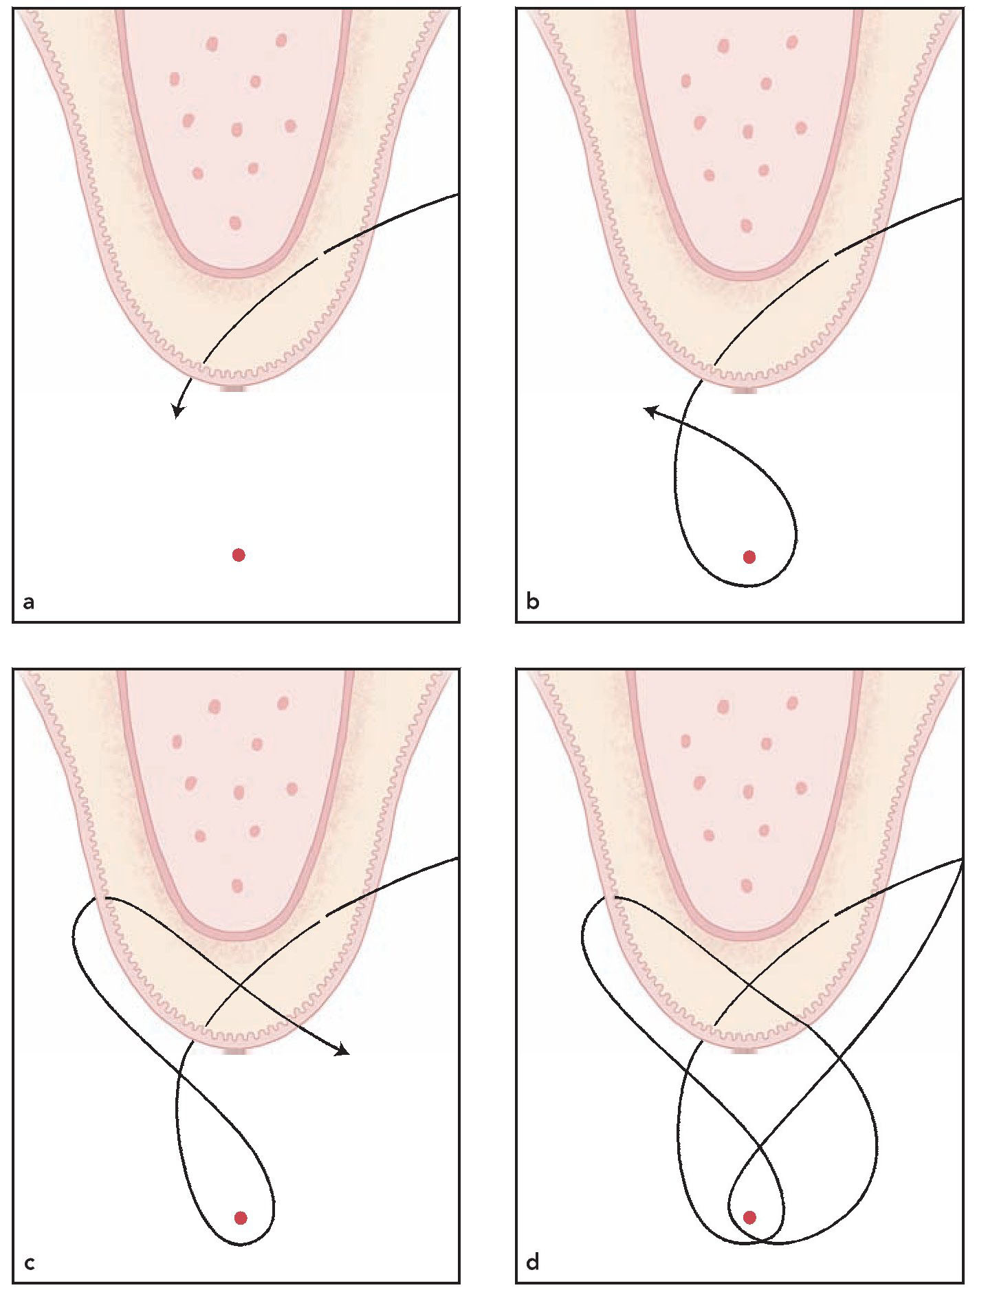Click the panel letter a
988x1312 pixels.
click(x=28, y=602)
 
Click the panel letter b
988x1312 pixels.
click(x=533, y=602)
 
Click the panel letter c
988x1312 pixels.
click(x=29, y=1263)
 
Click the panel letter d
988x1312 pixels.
click(x=533, y=1262)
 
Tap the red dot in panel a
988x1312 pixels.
click(x=239, y=555)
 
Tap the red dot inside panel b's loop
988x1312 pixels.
click(x=749, y=557)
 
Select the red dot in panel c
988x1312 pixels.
click(x=241, y=1218)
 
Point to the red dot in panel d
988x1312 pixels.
click(x=749, y=1217)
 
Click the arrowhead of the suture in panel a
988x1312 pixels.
click(x=177, y=412)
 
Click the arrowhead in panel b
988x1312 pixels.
click(x=648, y=411)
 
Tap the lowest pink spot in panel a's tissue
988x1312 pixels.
click(x=235, y=223)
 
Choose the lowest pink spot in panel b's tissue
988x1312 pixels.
click(x=747, y=225)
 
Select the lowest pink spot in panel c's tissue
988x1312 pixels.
click(x=237, y=886)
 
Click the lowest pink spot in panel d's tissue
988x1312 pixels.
click(x=747, y=885)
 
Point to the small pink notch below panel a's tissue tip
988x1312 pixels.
click(x=234, y=389)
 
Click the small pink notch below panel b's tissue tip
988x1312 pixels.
click(x=745, y=391)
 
